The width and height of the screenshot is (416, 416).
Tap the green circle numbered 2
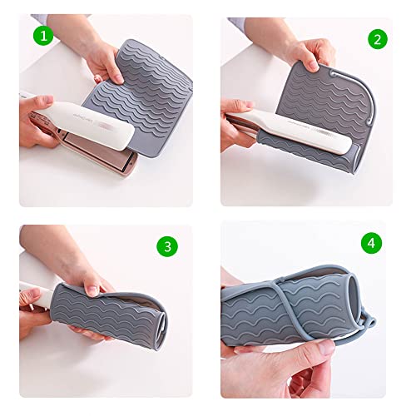[378, 39]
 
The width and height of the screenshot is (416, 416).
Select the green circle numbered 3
[168, 246]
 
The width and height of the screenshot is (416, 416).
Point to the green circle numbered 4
[371, 244]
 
